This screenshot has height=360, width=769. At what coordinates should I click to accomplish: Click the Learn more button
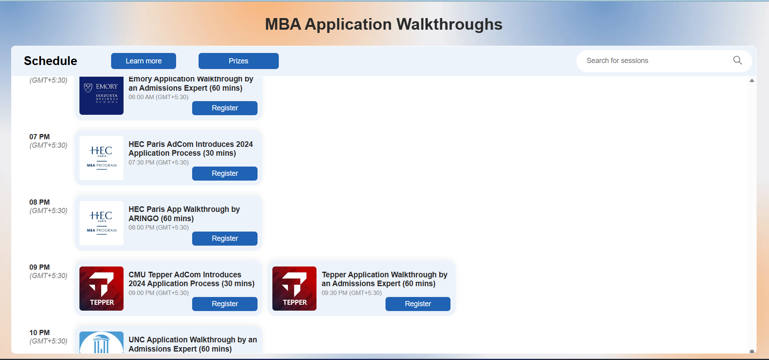click(x=144, y=61)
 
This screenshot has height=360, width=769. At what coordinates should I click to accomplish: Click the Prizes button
click(x=238, y=61)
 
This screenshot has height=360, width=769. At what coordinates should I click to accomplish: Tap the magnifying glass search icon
click(x=737, y=60)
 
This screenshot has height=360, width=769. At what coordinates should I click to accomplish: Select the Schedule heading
click(x=51, y=61)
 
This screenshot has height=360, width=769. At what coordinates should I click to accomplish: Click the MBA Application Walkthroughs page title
click(x=384, y=24)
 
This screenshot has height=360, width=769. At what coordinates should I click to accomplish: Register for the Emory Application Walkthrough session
click(x=225, y=108)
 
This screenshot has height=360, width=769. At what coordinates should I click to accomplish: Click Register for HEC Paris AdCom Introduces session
click(x=225, y=173)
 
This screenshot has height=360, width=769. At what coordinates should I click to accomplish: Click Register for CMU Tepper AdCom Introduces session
click(x=225, y=304)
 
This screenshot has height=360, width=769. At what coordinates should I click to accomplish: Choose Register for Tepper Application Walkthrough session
click(x=418, y=304)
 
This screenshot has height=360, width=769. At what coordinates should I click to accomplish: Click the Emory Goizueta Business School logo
click(x=101, y=96)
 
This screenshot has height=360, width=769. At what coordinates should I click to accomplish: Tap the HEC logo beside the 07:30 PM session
click(x=101, y=158)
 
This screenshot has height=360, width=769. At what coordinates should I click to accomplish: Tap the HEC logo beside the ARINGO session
click(x=101, y=223)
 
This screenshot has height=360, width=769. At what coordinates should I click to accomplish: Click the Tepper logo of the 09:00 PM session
click(x=101, y=289)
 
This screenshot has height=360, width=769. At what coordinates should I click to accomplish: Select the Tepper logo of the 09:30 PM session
click(x=294, y=289)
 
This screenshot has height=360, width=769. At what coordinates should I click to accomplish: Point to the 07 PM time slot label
click(x=39, y=137)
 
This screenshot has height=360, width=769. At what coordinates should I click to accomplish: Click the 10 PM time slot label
click(x=39, y=333)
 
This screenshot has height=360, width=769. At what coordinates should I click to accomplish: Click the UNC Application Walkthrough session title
click(x=193, y=344)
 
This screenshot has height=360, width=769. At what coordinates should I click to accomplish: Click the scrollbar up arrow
click(x=752, y=81)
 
